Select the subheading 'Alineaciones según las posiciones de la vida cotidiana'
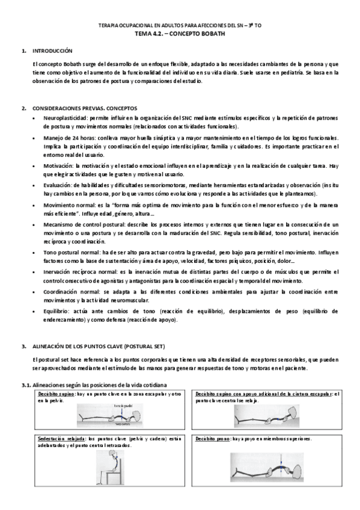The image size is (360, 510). click(100, 384)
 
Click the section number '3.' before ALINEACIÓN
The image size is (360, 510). click(23, 348)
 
